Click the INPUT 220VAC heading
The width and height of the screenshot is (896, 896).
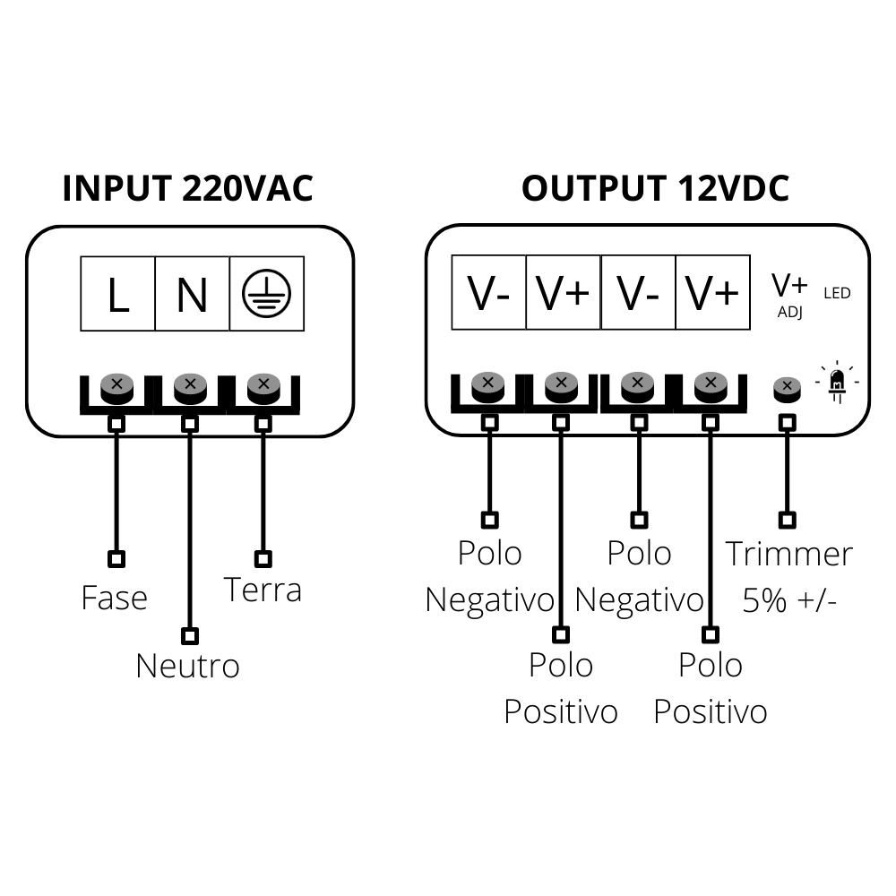[x=188, y=189]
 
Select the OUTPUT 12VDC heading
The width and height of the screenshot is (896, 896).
[x=655, y=189]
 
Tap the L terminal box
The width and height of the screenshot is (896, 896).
[x=117, y=294]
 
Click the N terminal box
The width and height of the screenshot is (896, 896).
[x=192, y=294]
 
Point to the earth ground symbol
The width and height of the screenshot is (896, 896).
[x=266, y=294]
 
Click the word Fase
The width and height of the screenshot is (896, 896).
[x=114, y=598]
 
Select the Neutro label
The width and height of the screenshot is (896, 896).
[x=187, y=666]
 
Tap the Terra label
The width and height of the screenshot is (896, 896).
[x=262, y=590]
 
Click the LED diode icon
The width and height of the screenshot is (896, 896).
[x=837, y=383]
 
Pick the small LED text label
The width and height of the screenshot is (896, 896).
[x=837, y=293]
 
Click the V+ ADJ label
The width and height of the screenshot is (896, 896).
[x=789, y=295]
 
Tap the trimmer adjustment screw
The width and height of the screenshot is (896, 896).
[x=787, y=388]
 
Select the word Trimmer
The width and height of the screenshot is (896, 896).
[x=788, y=554]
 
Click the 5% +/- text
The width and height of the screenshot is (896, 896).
[x=789, y=599]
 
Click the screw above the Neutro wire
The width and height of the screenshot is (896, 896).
[x=190, y=387]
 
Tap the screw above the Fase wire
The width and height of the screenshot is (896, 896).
[x=116, y=387]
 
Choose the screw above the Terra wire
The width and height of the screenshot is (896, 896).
[x=263, y=387]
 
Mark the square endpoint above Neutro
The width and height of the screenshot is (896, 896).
[x=189, y=636]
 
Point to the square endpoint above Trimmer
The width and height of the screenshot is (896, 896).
[x=787, y=520]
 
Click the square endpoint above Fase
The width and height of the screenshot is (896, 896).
[x=116, y=559]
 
